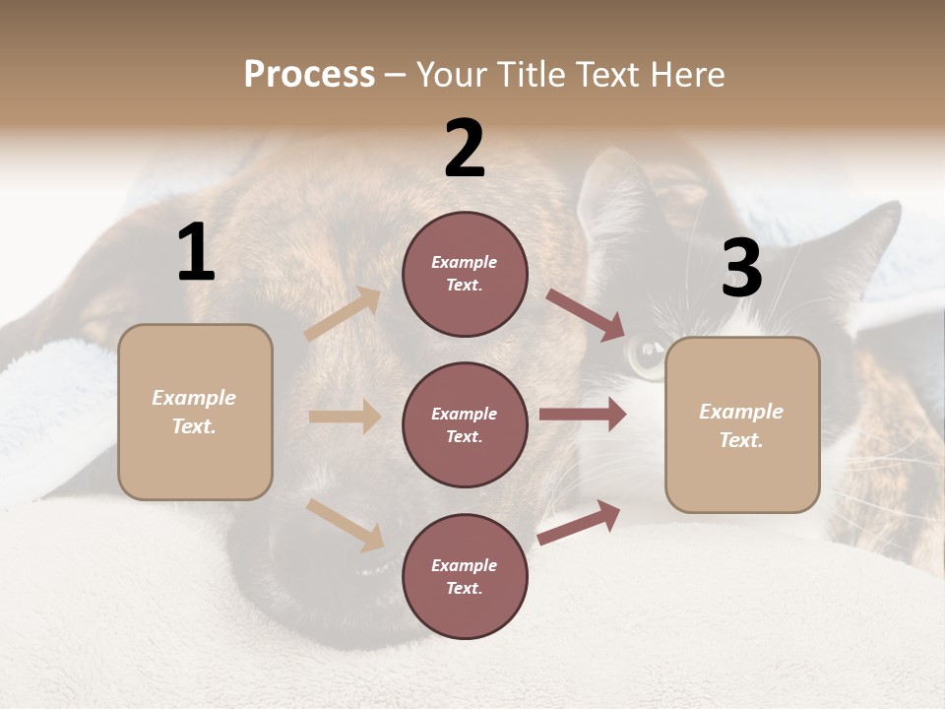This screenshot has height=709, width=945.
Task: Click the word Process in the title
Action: click(x=309, y=75)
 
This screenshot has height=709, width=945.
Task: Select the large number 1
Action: click(x=196, y=253)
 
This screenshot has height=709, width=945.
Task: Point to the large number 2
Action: click(x=465, y=149)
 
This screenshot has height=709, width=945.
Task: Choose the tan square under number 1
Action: click(x=195, y=412)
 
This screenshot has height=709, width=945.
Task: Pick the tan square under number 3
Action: click(x=742, y=425)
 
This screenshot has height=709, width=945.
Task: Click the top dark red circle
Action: click(x=465, y=274)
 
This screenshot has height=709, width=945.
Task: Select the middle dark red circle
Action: click(x=465, y=424)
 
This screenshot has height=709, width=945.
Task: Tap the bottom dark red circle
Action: click(x=465, y=576)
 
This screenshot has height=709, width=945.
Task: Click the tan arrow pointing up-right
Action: click(x=343, y=313)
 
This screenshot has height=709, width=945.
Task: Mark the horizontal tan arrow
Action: click(x=345, y=417)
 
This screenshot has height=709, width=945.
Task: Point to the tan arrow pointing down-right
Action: click(x=346, y=524)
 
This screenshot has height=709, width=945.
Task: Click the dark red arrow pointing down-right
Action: click(x=586, y=314)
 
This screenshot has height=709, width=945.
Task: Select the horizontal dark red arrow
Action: click(x=583, y=415)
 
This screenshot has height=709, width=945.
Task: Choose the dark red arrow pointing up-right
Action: click(x=579, y=522)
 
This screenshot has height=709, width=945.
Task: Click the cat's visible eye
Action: click(x=648, y=356)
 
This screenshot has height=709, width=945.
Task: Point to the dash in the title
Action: click(x=396, y=76)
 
